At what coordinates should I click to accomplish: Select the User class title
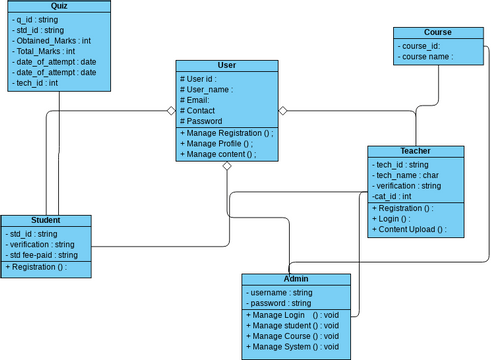coord(226,66)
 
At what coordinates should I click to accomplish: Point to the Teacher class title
coord(414,151)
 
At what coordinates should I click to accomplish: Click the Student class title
coord(46,221)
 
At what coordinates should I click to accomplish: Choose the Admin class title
coord(296,279)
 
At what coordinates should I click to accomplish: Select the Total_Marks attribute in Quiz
coord(46,51)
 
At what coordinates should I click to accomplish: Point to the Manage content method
coord(220,155)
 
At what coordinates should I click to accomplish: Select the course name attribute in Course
coord(426,57)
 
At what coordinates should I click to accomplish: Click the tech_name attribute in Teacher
coord(406,175)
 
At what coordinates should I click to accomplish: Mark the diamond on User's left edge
coord(171,110)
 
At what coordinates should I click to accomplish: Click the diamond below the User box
coord(227,167)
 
